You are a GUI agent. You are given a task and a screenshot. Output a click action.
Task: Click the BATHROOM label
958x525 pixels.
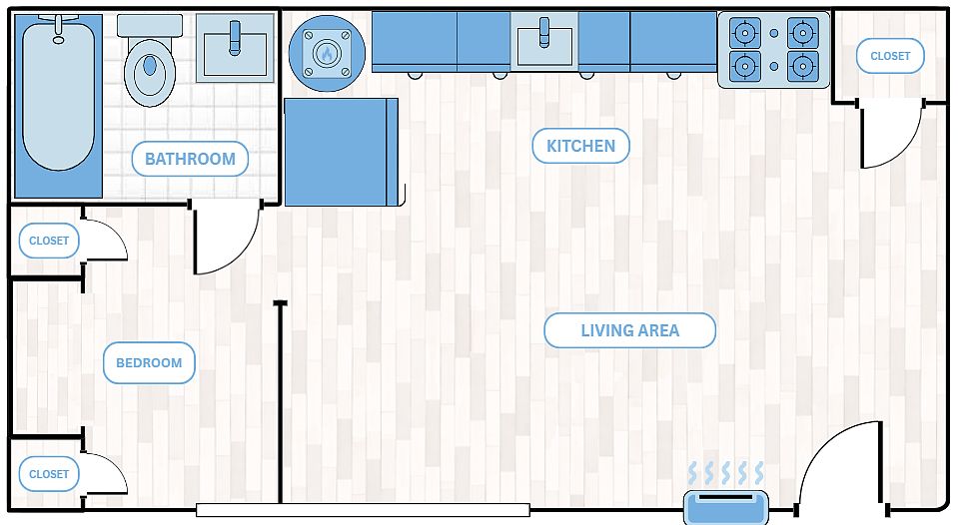pos(190,159)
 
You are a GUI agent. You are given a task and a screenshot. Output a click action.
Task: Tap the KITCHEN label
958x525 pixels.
pos(580,146)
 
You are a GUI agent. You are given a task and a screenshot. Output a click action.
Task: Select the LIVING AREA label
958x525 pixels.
pos(630,330)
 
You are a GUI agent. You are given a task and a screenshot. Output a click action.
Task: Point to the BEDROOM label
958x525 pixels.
pos(149,362)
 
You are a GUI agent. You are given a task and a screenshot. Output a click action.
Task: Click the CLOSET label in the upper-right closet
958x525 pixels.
pos(890,56)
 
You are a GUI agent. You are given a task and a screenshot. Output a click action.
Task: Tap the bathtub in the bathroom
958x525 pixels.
pos(59,106)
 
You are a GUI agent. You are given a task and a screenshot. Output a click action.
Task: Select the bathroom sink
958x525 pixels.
pos(235,48)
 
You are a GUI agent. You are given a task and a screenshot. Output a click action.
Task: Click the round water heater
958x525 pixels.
pos(327,53)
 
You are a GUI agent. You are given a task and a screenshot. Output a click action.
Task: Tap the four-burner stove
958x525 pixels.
pos(774,50)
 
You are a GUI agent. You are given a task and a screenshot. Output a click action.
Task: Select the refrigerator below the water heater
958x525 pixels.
pos(342,152)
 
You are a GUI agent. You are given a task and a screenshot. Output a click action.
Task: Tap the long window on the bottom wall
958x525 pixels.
pos(363,510)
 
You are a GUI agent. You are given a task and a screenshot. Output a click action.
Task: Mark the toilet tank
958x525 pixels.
pos(150,26)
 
